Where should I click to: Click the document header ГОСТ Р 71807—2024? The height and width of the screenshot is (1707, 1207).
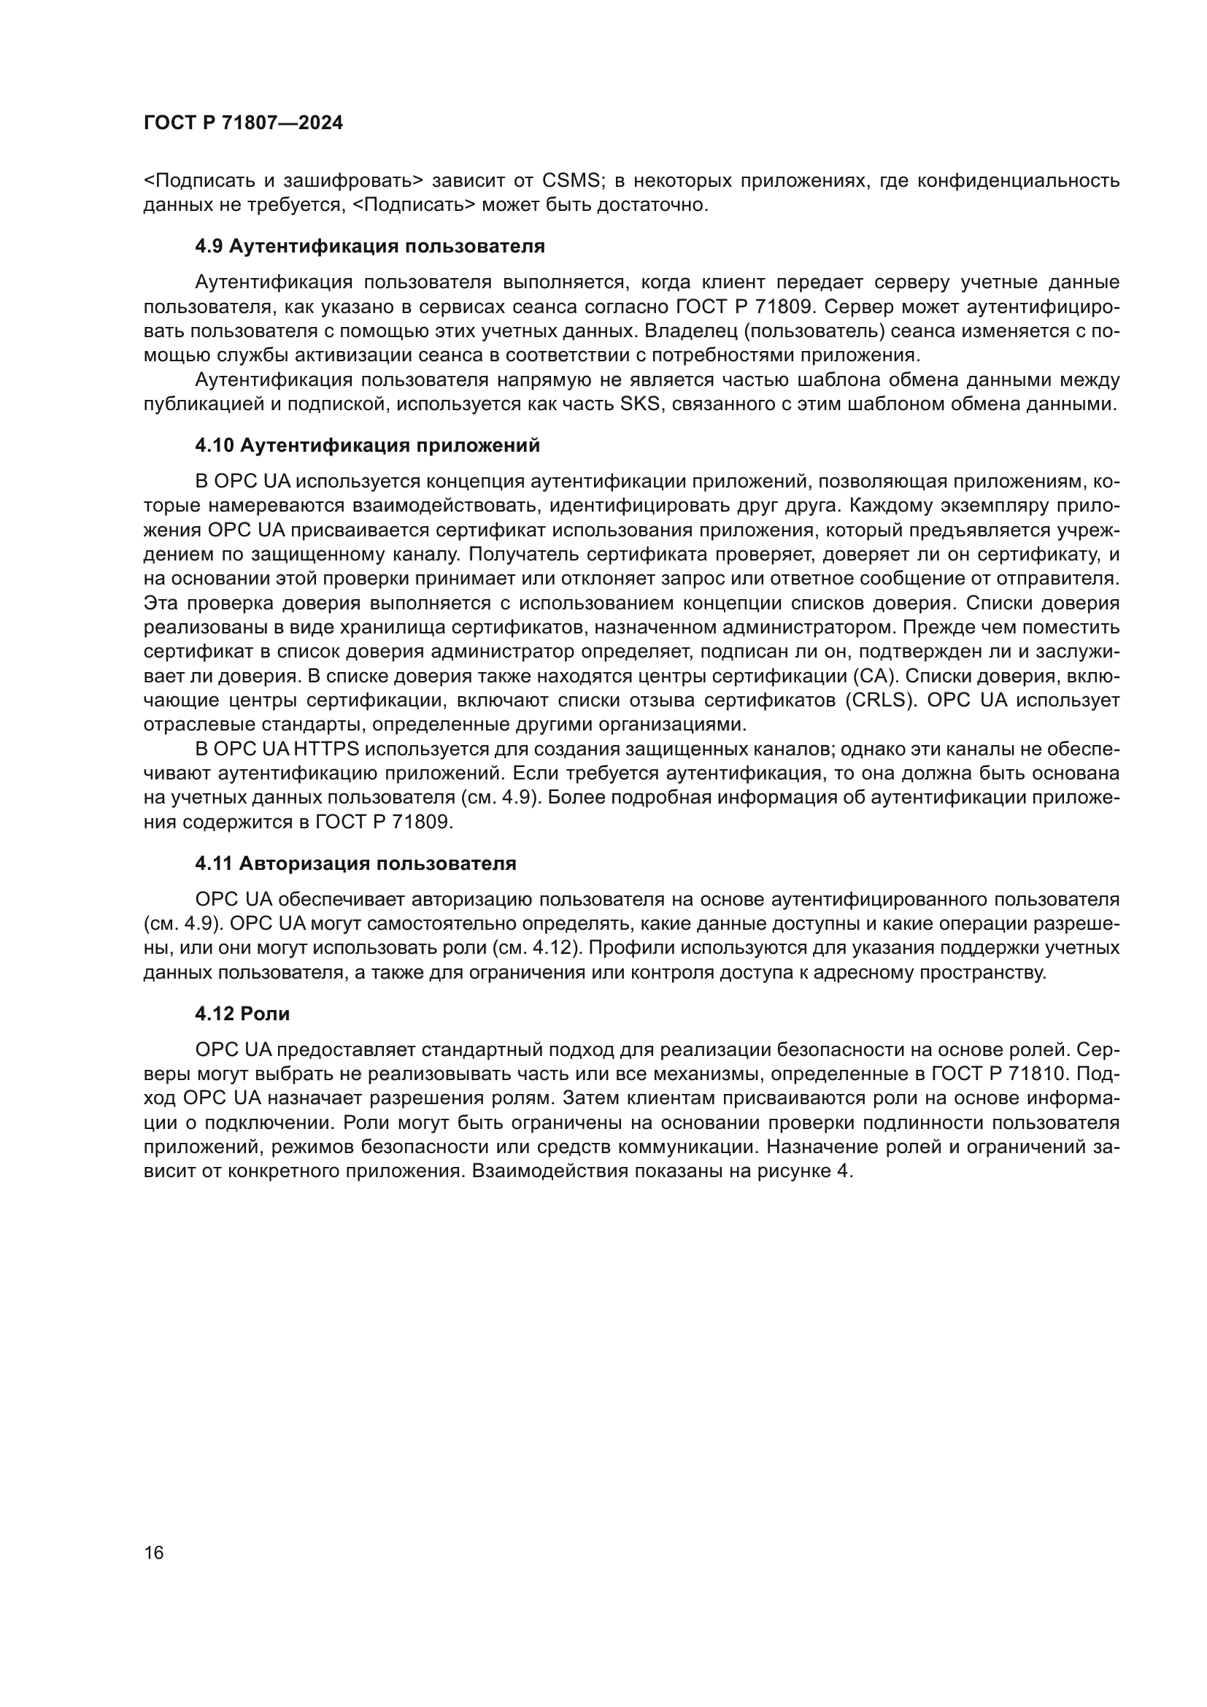click(x=243, y=123)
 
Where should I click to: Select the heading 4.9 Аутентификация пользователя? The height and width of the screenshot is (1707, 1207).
click(x=369, y=246)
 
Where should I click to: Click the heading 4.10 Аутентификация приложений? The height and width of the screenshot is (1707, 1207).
click(x=367, y=445)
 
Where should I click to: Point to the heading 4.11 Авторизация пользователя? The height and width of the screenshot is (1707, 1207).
click(x=355, y=863)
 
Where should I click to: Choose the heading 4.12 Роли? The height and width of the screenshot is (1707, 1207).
click(x=242, y=1014)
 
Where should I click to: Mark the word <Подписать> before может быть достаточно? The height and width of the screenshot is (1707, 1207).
click(x=412, y=205)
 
